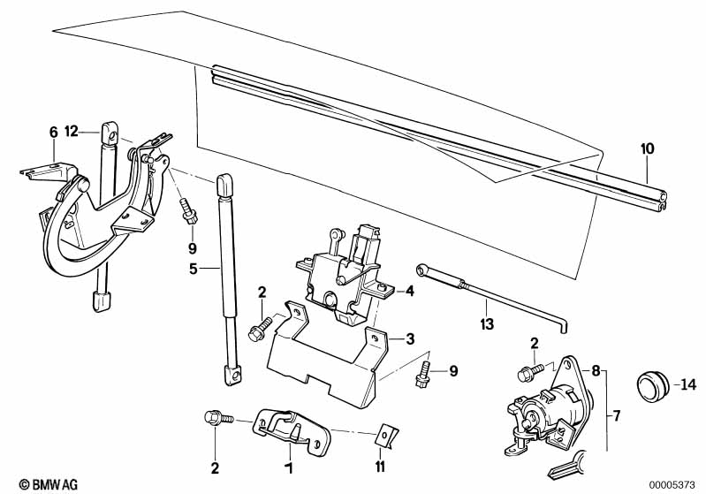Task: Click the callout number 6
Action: (x=53, y=133)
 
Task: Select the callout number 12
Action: (x=72, y=132)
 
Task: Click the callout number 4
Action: (x=410, y=290)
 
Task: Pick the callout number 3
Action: (x=410, y=338)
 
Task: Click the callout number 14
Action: (x=689, y=384)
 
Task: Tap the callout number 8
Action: (x=596, y=372)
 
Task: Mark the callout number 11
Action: (x=380, y=466)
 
